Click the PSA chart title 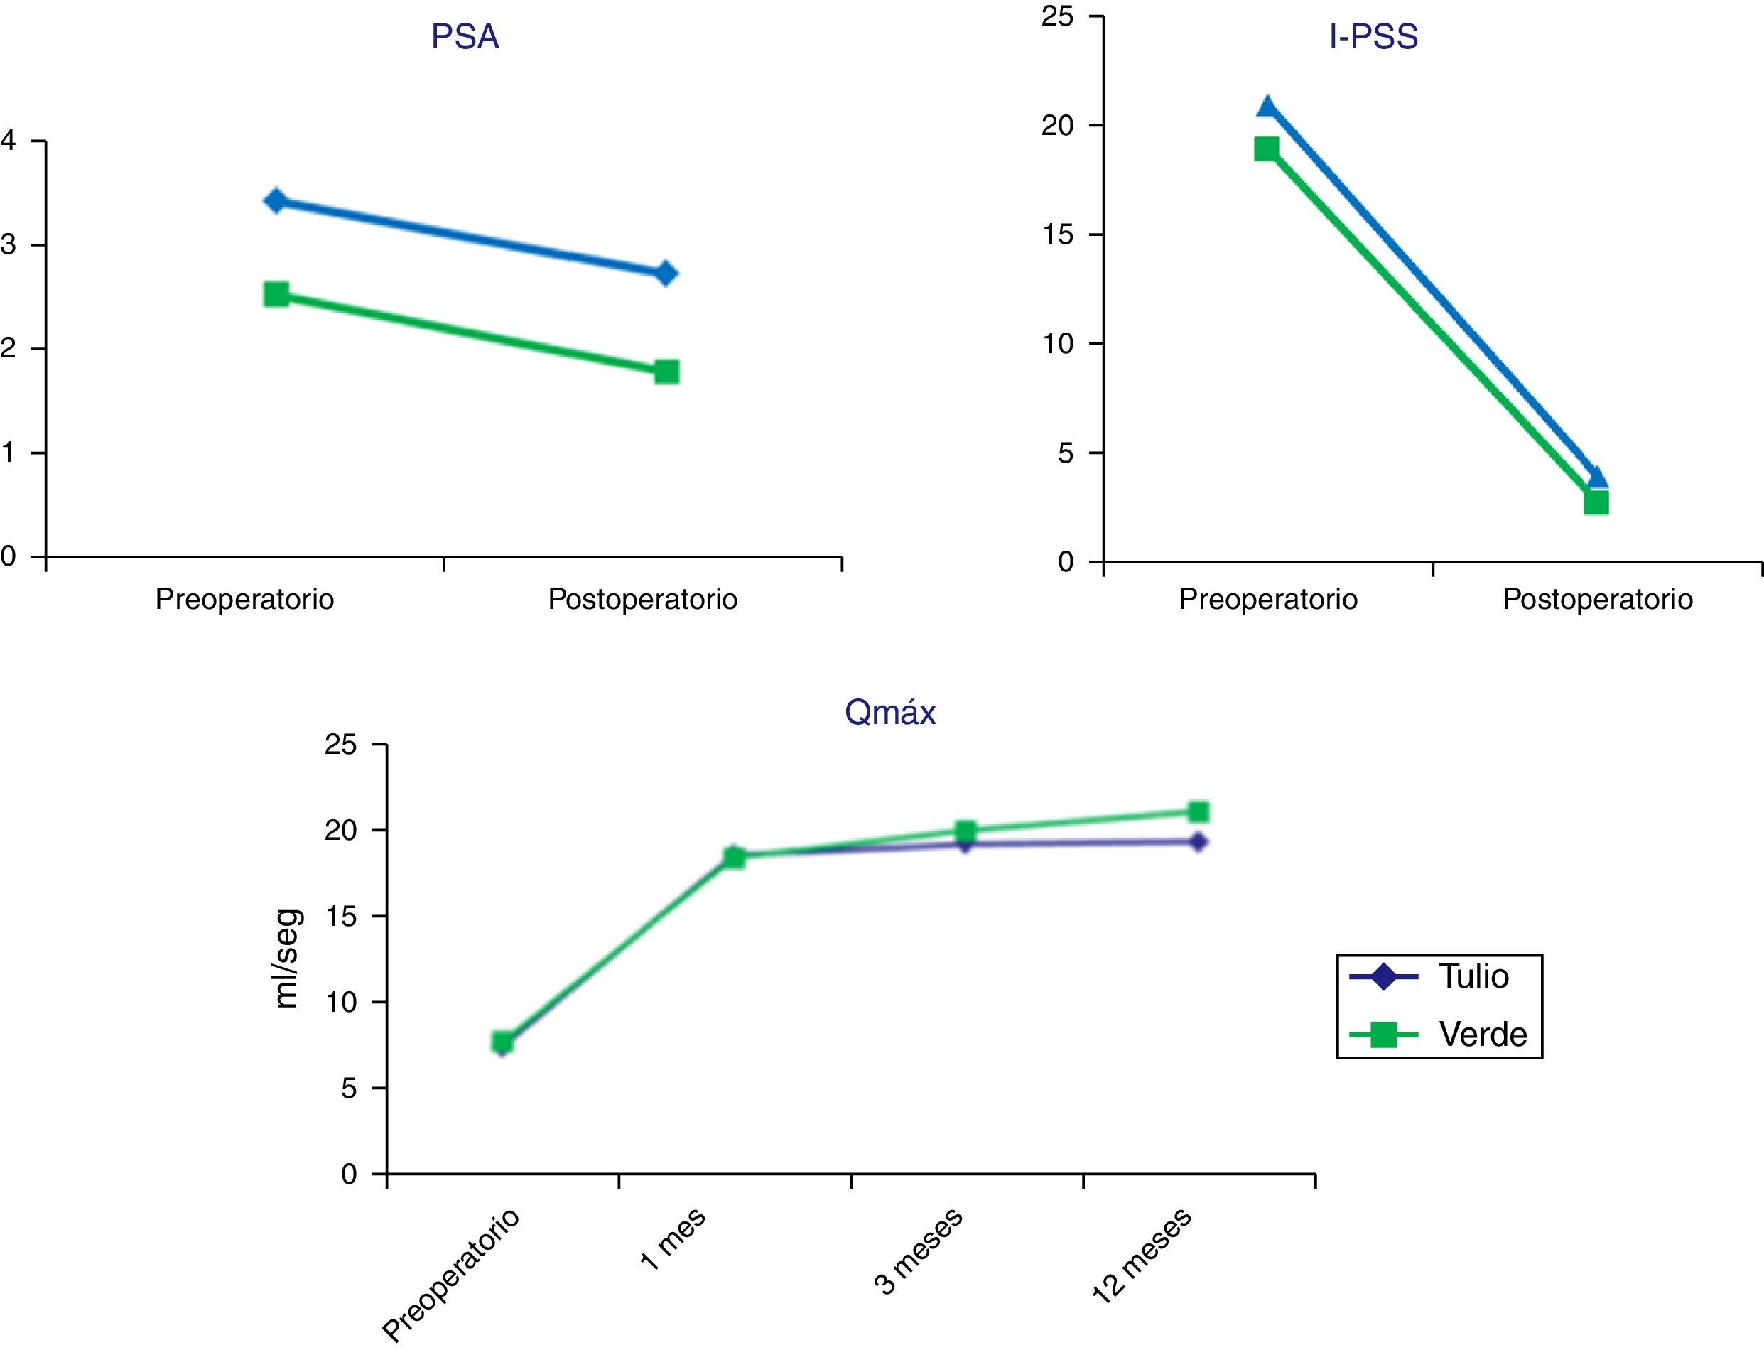[x=465, y=38]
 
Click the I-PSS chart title [x=1373, y=38]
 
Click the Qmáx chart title [x=890, y=713]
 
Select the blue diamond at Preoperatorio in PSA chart [x=276, y=201]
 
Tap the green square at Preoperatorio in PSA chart [x=276, y=295]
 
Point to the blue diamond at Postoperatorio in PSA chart [x=666, y=274]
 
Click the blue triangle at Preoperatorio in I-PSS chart [x=1267, y=107]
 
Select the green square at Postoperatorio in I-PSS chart [x=1596, y=503]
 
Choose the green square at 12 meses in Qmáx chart [x=1198, y=811]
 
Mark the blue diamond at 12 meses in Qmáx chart [x=1198, y=842]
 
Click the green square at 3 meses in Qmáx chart [x=965, y=831]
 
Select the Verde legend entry [x=1438, y=1035]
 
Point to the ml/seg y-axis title [x=287, y=958]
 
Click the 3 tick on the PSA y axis [x=9, y=245]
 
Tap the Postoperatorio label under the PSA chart [x=643, y=600]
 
